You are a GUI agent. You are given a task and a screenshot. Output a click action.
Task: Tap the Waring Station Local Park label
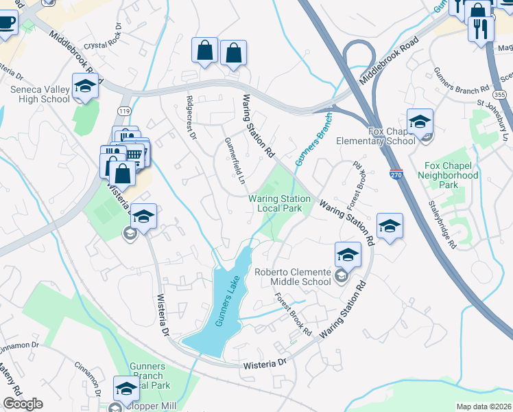pyautogui.click(x=279, y=203)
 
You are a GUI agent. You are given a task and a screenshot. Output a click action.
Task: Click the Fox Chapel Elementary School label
pyautogui.click(x=376, y=136)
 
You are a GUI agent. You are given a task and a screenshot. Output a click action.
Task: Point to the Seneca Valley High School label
pyautogui.click(x=40, y=94)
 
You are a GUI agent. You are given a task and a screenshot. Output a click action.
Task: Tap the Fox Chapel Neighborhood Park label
pyautogui.click(x=451, y=176)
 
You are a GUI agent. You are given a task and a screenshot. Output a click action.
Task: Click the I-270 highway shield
pyautogui.click(x=395, y=176)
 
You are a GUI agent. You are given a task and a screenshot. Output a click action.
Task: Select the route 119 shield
pyautogui.click(x=124, y=111)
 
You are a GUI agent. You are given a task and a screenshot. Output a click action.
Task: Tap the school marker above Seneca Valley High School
pyautogui.click(x=86, y=87)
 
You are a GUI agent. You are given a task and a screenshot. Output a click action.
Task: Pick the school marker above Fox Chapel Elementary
pyautogui.click(x=420, y=122)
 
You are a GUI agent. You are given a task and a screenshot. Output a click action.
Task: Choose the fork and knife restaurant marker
pyautogui.click(x=480, y=29)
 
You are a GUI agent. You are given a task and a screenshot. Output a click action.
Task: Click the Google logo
pyautogui.click(x=23, y=404)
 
